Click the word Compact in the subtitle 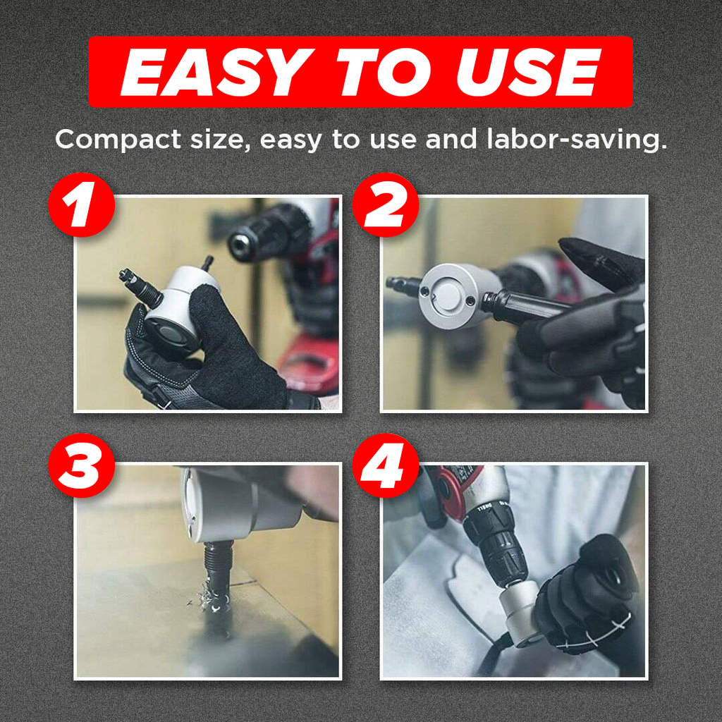click(118, 139)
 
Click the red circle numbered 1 click(82, 205)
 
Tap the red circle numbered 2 click(386, 205)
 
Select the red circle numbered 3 click(82, 465)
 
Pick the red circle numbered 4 click(386, 465)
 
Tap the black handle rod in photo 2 click(530, 307)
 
